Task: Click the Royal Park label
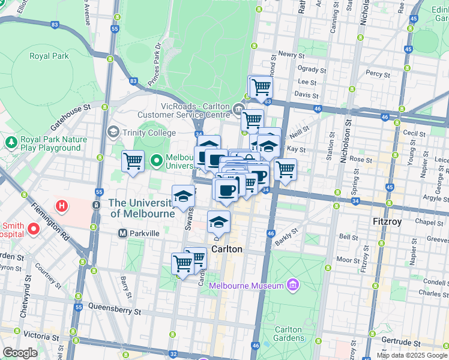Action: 49,56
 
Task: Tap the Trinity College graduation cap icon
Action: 112,131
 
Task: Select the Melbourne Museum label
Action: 246,286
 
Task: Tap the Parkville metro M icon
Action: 122,233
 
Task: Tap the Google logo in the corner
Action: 20,353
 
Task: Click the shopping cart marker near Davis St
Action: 261,87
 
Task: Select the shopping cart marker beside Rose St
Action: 286,169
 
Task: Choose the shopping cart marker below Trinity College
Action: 133,160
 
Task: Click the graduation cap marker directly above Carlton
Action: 219,221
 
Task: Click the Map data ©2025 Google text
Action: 412,355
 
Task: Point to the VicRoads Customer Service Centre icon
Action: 238,108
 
